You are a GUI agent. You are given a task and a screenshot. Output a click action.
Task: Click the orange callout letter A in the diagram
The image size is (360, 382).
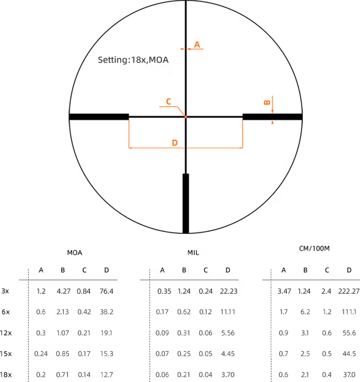coord(197,45)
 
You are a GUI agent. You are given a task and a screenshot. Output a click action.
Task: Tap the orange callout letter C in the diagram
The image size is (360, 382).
coord(168,101)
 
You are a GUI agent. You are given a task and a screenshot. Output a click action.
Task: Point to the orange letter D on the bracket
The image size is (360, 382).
coord(175,143)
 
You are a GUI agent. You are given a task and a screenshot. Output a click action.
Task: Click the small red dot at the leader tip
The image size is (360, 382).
coord(185,117)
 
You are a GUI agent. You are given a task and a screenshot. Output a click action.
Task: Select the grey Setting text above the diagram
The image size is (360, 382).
coord(133,61)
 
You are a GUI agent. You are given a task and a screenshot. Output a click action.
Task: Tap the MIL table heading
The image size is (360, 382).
coord(193,252)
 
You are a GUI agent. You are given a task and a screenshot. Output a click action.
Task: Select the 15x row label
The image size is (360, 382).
coord(6,354)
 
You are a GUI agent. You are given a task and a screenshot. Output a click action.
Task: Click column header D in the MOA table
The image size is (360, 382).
coord(106,270)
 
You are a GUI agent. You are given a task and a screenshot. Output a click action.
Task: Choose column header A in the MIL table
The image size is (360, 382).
coord(162,270)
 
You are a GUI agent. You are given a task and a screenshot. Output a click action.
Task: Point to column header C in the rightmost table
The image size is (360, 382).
coord(327,270)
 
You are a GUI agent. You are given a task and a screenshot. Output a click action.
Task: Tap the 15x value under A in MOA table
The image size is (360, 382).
coord(41,354)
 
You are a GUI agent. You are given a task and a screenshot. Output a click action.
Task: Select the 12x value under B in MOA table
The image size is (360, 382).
coord(63,333)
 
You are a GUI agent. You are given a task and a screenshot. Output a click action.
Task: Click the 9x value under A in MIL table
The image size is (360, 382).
coord(162,312)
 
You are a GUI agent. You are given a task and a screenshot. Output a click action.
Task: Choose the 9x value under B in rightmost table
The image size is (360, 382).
coord(305,312)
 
